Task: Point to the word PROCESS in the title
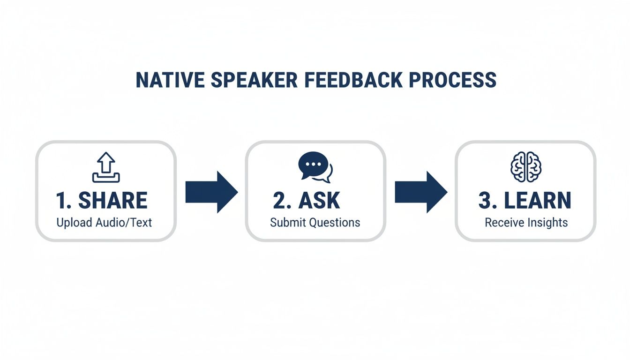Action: coord(452,80)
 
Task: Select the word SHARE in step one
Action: coord(112,201)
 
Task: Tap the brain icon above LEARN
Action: coord(525,167)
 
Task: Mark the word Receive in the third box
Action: coord(502,222)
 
